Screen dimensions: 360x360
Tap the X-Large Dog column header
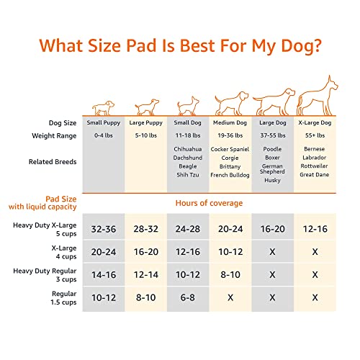point(315,122)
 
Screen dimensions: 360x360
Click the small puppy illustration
point(104,107)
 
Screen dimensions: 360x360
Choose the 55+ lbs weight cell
point(315,135)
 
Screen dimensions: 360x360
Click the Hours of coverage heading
point(210,203)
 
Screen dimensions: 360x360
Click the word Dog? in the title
point(296,45)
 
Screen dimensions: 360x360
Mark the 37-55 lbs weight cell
point(273,135)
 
